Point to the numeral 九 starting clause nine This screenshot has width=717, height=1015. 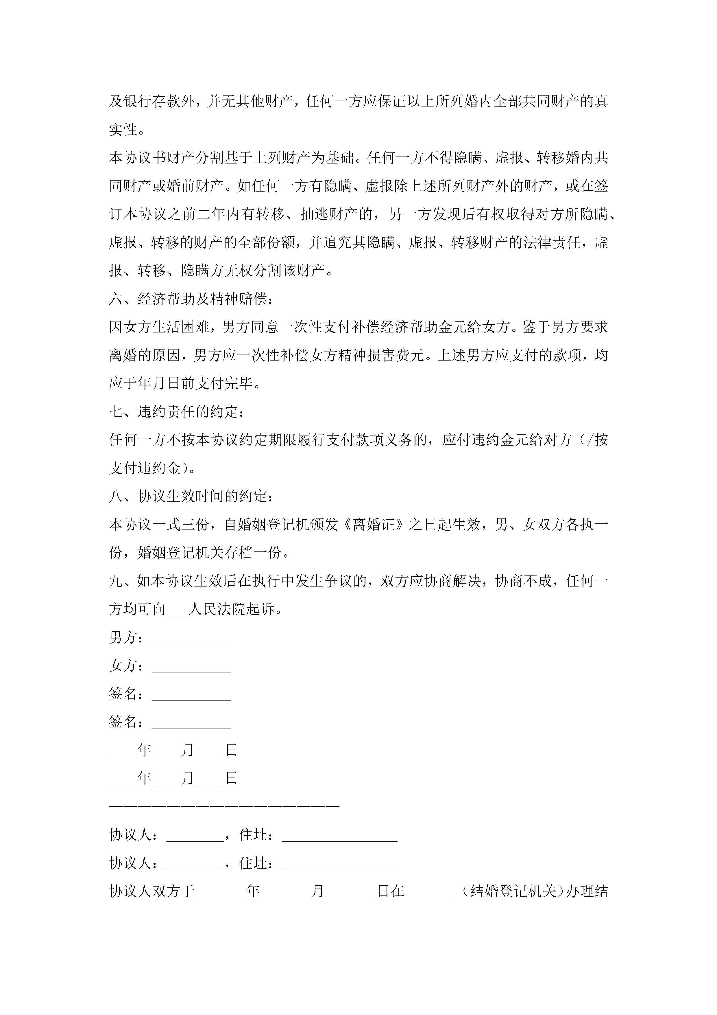point(116,581)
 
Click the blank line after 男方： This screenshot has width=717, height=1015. point(191,638)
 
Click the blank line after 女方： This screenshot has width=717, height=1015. point(191,667)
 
